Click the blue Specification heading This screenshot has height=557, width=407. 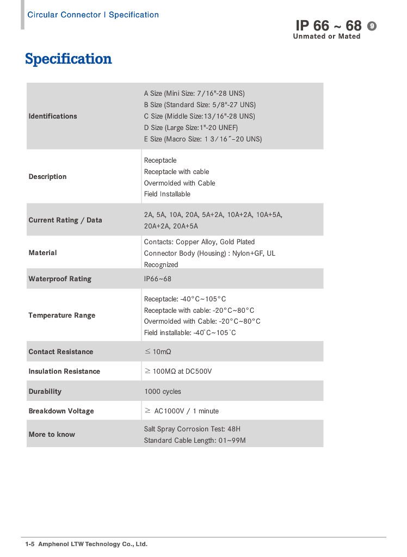pyautogui.click(x=69, y=59)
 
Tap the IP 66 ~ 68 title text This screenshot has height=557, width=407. pyautogui.click(x=328, y=26)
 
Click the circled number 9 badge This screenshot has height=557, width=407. pyautogui.click(x=372, y=26)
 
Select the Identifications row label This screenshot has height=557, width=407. pyautogui.click(x=53, y=116)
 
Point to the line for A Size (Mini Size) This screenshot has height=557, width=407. pyautogui.click(x=194, y=94)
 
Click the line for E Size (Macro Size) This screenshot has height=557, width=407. pyautogui.click(x=203, y=139)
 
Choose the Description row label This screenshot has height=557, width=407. pyautogui.click(x=47, y=177)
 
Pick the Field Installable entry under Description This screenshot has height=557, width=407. pyautogui.click(x=167, y=194)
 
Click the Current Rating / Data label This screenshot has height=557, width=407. pyautogui.click(x=65, y=220)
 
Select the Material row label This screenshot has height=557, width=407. pyautogui.click(x=42, y=253)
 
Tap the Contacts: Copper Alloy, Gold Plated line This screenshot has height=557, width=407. pyautogui.click(x=199, y=242)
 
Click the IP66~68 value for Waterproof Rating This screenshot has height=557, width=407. pyautogui.click(x=158, y=279)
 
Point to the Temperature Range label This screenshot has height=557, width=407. pyautogui.click(x=61, y=315)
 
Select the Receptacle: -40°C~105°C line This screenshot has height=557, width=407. pyautogui.click(x=185, y=299)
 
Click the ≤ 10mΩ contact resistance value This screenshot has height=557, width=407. pyautogui.click(x=158, y=352)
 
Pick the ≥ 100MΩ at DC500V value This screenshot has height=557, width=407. pyautogui.click(x=178, y=372)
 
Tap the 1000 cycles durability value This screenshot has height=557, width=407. pyautogui.click(x=163, y=392)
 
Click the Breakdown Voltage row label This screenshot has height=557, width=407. pyautogui.click(x=61, y=411)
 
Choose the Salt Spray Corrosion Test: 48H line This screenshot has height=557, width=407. pyautogui.click(x=192, y=429)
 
